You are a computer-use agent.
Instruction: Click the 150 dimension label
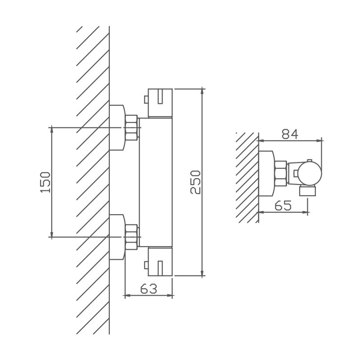click(45, 182)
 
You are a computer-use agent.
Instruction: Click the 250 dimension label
click(195, 182)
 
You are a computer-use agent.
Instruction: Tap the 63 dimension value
click(149, 288)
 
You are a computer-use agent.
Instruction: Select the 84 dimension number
click(290, 134)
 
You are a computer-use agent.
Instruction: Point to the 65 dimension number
click(283, 205)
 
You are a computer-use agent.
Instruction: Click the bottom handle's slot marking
click(161, 268)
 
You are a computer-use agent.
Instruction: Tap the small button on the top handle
click(146, 99)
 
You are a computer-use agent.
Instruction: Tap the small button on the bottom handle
click(146, 265)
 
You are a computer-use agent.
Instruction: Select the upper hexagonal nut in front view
click(131, 127)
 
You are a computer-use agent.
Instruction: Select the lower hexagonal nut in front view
click(131, 237)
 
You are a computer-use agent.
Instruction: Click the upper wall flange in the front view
click(117, 127)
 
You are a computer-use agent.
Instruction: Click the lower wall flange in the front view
click(117, 237)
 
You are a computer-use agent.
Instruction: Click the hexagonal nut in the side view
click(281, 173)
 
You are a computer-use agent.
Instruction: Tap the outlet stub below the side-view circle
click(308, 191)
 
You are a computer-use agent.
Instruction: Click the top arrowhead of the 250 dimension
click(202, 91)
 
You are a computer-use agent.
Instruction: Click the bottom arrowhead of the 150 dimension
click(52, 234)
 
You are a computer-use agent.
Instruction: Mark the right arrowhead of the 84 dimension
click(319, 140)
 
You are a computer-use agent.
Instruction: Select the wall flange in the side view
click(266, 173)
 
